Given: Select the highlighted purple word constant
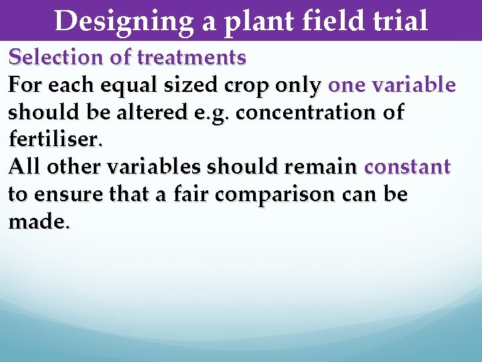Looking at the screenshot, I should point(407,168).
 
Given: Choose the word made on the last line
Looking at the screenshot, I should point(37,223).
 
